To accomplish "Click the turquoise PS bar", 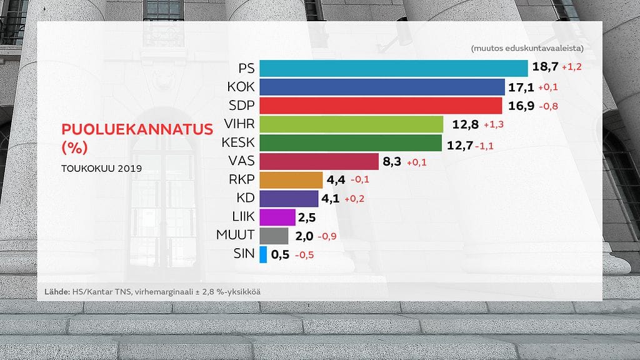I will pyautogui.click(x=393, y=68).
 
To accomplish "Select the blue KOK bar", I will pyautogui.click(x=381, y=87).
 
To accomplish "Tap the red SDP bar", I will pyautogui.click(x=380, y=106).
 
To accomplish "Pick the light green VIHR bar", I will pyautogui.click(x=351, y=124).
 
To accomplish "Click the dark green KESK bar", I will pyautogui.click(x=350, y=143).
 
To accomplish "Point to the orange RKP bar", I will pyautogui.click(x=291, y=180).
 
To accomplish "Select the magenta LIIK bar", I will pyautogui.click(x=277, y=217).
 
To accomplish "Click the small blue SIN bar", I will pyautogui.click(x=263, y=254).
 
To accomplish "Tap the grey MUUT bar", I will pyautogui.click(x=273, y=236).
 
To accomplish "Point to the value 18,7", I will pyautogui.click(x=544, y=67).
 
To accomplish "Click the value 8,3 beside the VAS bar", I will pyautogui.click(x=391, y=162).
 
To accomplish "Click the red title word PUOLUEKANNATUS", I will pyautogui.click(x=137, y=129).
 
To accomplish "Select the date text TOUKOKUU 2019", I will pyautogui.click(x=101, y=169).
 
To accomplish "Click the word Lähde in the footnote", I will pyautogui.click(x=57, y=292).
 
